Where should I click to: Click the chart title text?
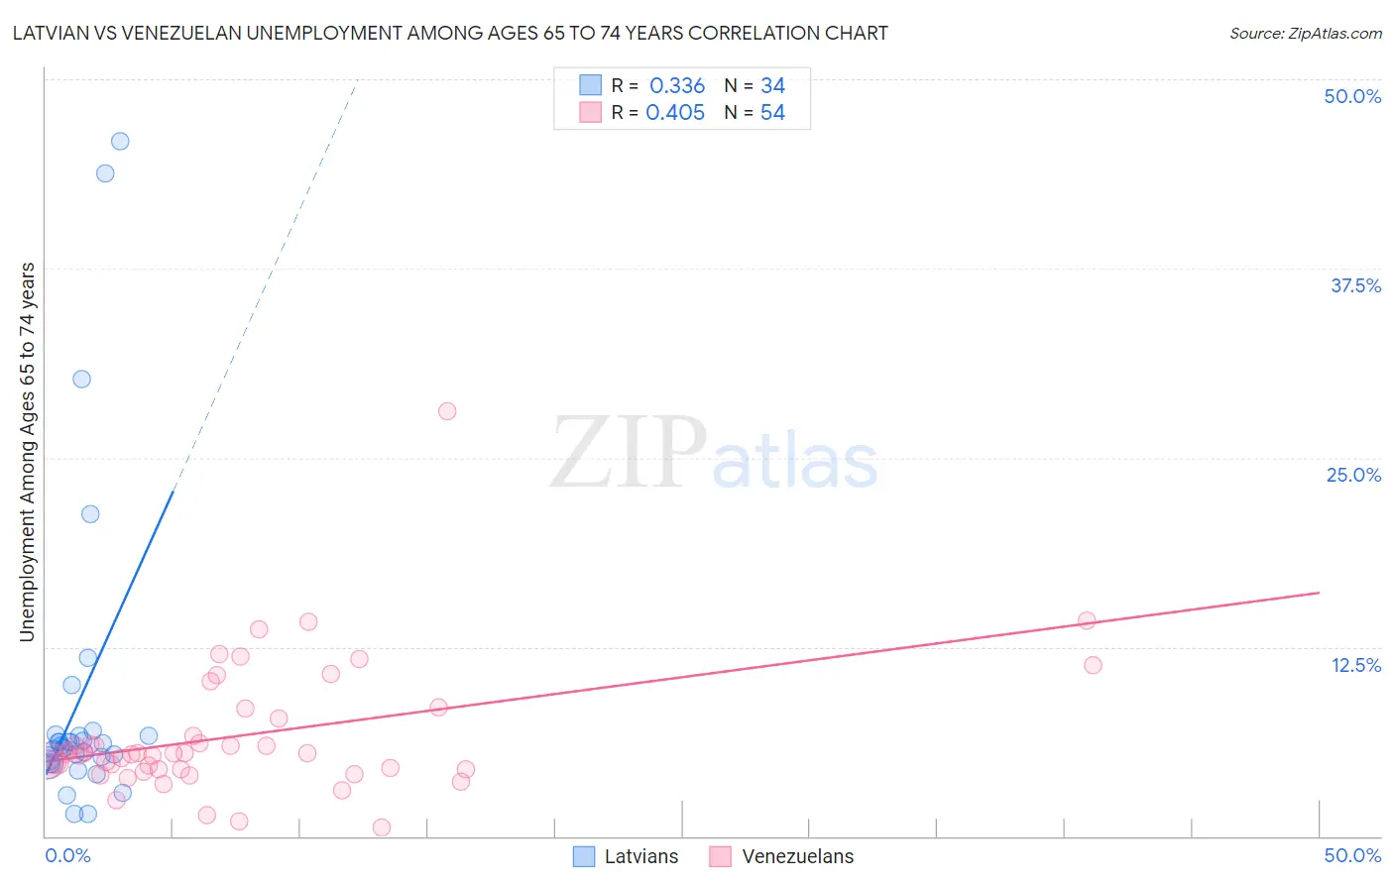[x=449, y=33]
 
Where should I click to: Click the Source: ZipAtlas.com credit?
[x=1305, y=33]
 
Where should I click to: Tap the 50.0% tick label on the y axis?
[x=1352, y=96]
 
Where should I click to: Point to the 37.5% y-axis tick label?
[x=1355, y=285]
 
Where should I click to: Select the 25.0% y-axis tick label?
[x=1353, y=475]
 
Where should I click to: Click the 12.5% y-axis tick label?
[x=1355, y=665]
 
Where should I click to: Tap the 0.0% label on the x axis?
[x=68, y=855]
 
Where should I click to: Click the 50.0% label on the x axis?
[x=1352, y=855]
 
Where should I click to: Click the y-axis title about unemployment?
[x=27, y=452]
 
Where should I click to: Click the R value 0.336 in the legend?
[x=677, y=86]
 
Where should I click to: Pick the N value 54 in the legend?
[x=772, y=113]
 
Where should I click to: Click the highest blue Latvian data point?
[x=120, y=141]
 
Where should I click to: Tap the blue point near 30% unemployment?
[x=81, y=379]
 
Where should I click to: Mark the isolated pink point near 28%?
[x=447, y=411]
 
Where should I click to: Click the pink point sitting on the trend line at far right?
[x=1087, y=620]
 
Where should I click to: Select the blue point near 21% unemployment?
[x=90, y=513]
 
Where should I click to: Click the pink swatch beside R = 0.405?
[x=590, y=112]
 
